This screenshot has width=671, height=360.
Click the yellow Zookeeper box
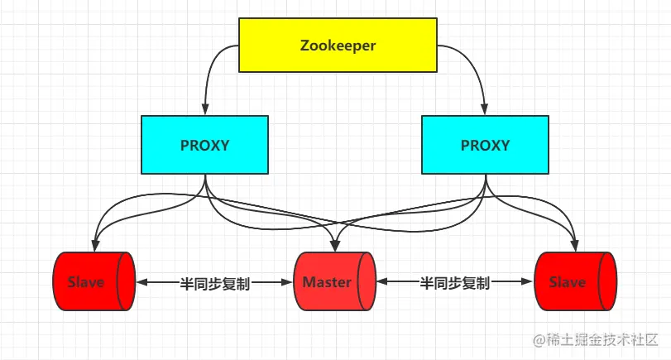[338, 46]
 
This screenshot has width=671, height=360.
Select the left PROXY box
[204, 145]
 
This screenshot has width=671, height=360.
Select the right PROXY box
[485, 145]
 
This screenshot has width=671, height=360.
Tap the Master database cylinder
[334, 282]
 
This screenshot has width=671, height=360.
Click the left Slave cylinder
[93, 282]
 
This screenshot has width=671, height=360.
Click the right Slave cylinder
[575, 282]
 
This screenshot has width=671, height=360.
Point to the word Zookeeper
[338, 46]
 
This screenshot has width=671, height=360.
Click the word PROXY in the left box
[204, 145]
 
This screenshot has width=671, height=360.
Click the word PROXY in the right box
[485, 145]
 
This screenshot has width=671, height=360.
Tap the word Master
[327, 282]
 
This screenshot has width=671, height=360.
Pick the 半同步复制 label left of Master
[214, 283]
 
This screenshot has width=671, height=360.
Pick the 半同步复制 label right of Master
[454, 283]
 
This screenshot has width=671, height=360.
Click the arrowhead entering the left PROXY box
[204, 111]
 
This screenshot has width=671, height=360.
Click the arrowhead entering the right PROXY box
[485, 111]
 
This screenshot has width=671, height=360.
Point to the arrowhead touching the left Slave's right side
[141, 282]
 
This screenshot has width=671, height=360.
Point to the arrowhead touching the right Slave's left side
[529, 282]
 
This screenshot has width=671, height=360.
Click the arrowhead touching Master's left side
[290, 282]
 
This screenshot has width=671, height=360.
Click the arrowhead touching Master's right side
[381, 282]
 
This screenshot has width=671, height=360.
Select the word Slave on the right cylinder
[568, 282]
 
